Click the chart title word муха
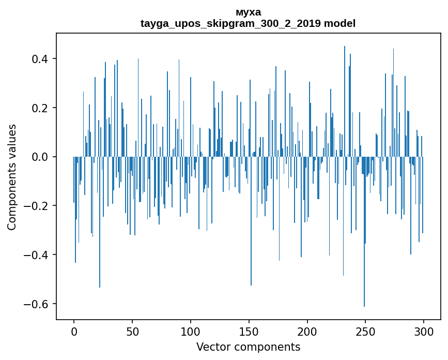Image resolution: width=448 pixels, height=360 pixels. (x=248, y=12)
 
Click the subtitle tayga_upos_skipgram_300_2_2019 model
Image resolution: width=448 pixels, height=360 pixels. (x=248, y=24)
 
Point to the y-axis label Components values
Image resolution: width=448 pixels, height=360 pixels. (x=12, y=177)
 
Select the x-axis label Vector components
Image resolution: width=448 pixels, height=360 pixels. (x=248, y=347)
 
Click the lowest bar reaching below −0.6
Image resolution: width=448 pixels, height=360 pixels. (x=364, y=233)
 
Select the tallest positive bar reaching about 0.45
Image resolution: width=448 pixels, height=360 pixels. (x=345, y=103)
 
